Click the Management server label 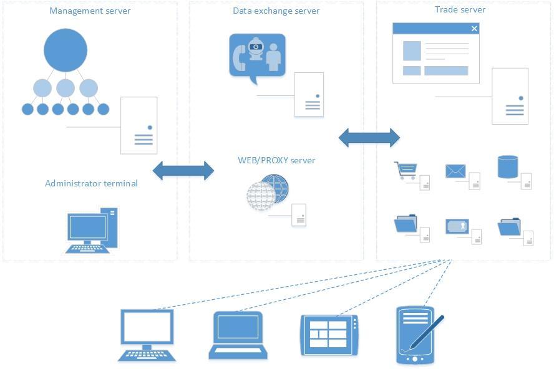[x=90, y=11]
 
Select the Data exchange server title [x=276, y=11]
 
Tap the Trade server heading [x=460, y=10]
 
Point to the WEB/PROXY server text [x=276, y=160]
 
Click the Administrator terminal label [x=91, y=183]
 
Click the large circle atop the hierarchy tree [x=66, y=50]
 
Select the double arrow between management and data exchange [x=183, y=170]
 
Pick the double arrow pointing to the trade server [x=369, y=138]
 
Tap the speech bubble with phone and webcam [x=257, y=56]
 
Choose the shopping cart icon [x=406, y=170]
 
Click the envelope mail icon [x=456, y=171]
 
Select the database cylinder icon [x=508, y=167]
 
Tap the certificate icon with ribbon [x=457, y=226]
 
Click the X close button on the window [x=474, y=29]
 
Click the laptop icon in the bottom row [x=237, y=335]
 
